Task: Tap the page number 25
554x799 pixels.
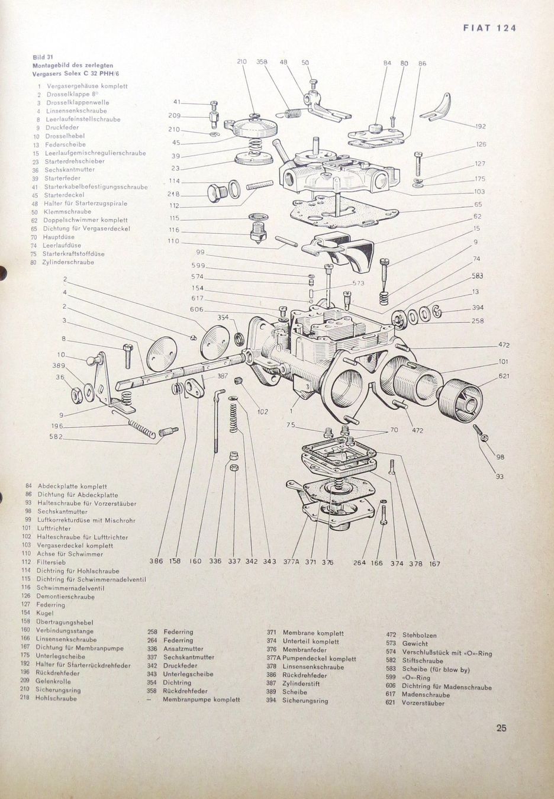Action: pos(501,729)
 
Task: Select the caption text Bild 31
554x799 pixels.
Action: pos(43,57)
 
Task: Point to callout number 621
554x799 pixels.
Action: pos(488,376)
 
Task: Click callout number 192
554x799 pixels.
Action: pos(481,127)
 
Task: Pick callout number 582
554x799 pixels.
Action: pos(56,437)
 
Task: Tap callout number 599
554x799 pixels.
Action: pos(198,265)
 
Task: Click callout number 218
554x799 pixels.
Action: pos(173,194)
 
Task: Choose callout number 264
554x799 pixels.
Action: pos(360,563)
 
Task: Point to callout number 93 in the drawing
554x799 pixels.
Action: pos(500,476)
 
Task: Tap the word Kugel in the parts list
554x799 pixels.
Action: pos(45,613)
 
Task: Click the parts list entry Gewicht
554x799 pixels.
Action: pos(415,643)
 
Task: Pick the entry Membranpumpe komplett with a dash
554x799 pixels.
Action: pos(201,699)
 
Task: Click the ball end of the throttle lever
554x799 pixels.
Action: pos(92,359)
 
